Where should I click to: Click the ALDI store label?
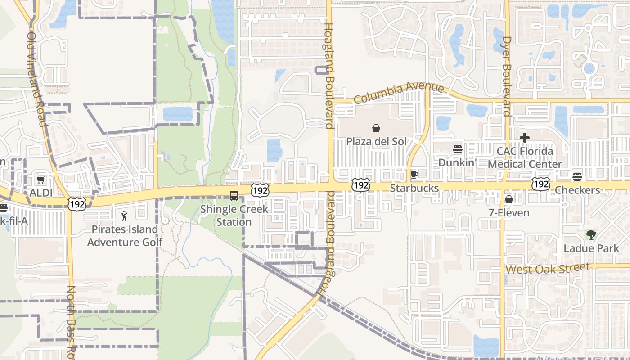point(41,193)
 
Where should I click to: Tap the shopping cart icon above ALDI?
point(40,180)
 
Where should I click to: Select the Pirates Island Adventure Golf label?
point(125,236)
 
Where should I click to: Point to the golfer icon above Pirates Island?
point(125,216)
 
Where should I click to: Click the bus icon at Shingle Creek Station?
point(234,196)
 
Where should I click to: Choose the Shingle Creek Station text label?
point(234,216)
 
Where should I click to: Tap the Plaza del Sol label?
point(376,142)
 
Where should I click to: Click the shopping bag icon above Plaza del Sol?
point(376,129)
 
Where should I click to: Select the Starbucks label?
point(414,188)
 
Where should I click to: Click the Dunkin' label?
point(457,162)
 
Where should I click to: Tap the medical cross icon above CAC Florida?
point(525,138)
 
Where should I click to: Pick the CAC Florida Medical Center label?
point(525,157)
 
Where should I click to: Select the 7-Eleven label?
point(509,212)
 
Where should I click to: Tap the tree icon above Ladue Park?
point(591,235)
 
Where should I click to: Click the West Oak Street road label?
point(547,269)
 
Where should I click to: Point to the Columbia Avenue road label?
point(399,92)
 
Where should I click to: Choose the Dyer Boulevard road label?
point(507,76)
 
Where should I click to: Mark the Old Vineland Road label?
point(37,79)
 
